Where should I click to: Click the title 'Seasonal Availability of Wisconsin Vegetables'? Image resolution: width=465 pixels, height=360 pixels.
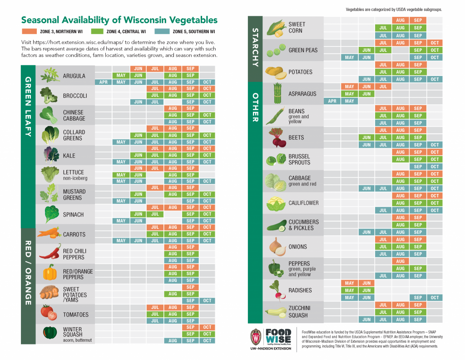[119, 20]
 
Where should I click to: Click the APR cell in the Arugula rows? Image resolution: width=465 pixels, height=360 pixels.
[104, 82]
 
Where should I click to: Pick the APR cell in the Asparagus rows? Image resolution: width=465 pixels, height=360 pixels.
[332, 101]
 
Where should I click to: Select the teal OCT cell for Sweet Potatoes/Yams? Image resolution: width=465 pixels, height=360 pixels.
[207, 300]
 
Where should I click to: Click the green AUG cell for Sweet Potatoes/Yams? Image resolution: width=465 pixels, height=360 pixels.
[173, 294]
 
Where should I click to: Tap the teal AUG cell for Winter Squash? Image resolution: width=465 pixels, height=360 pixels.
[173, 340]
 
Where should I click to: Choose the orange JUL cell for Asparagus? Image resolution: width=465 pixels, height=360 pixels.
[383, 86]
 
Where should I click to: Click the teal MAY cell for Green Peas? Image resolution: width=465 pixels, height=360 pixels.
[349, 57]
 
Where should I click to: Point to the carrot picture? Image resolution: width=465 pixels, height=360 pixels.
[49, 234]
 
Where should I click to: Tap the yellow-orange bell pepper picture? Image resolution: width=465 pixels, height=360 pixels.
[49, 273]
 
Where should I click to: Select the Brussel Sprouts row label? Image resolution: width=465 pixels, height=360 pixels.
[299, 159]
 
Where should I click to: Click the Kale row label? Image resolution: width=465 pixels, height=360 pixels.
[69, 155]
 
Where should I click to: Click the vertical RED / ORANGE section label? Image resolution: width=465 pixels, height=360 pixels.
[28, 273]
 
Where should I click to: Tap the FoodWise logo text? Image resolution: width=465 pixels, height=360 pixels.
[278, 337]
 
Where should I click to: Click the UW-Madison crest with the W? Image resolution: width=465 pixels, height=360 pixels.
[256, 337]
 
